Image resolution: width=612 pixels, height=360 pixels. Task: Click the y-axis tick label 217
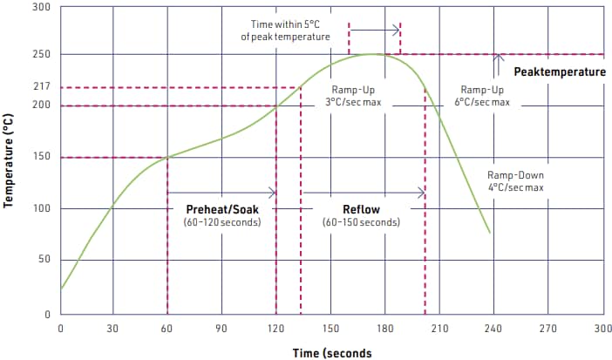[x=41, y=87]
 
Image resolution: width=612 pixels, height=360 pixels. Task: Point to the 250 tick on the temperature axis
[x=41, y=54]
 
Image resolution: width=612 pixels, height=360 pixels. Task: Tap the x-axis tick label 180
[x=384, y=329]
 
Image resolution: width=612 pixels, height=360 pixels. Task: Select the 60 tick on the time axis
[x=168, y=329]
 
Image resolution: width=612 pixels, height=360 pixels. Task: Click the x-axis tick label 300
[x=602, y=329]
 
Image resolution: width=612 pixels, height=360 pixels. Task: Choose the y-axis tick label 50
[x=44, y=260]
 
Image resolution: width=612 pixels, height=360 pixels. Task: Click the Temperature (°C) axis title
[x=10, y=161]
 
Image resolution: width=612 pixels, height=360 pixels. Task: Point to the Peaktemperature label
[x=559, y=71]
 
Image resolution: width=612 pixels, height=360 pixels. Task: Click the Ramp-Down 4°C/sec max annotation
[x=514, y=180]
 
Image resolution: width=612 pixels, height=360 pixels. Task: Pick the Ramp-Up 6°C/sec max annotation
[x=481, y=96]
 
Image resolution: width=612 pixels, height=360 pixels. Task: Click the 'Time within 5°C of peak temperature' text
[x=285, y=31]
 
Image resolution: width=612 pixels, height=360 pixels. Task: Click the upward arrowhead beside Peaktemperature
[x=499, y=58]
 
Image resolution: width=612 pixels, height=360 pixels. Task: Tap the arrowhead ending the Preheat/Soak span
[x=272, y=192]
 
